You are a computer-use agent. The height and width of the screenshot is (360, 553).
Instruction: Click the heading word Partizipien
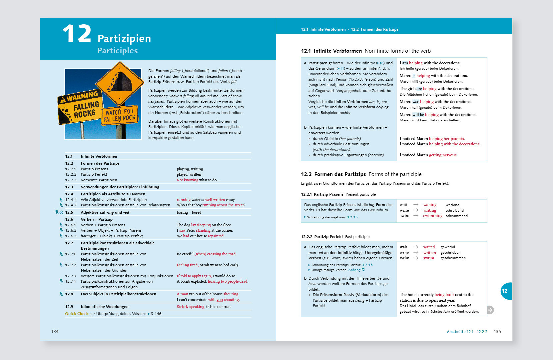pyautogui.click(x=124, y=39)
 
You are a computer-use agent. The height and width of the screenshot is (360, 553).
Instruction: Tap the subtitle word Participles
pyautogui.click(x=117, y=51)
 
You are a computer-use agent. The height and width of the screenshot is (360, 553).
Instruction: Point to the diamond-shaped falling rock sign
pyautogui.click(x=120, y=83)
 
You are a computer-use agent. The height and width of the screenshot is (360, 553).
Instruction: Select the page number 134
pyautogui.click(x=55, y=331)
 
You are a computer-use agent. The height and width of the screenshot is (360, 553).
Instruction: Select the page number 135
pyautogui.click(x=497, y=331)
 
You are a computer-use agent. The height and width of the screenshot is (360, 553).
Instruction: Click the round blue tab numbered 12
pyautogui.click(x=505, y=291)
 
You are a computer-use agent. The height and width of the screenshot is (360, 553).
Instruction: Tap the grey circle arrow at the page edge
pyautogui.click(x=490, y=310)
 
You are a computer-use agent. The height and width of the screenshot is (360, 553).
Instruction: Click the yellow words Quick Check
pyautogui.click(x=77, y=314)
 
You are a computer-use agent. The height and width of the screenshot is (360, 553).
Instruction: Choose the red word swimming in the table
pyautogui.click(x=433, y=216)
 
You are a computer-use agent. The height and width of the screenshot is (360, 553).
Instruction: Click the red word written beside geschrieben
pyautogui.click(x=429, y=253)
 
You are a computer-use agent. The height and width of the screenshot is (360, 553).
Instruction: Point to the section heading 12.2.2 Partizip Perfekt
pyautogui.click(x=322, y=237)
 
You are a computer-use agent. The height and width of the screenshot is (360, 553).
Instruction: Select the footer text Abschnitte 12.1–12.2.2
pyautogui.click(x=467, y=332)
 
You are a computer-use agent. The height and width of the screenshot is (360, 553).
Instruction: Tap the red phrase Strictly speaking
pyautogui.click(x=191, y=307)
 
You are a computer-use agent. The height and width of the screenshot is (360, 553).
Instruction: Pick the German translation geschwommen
pyautogui.click(x=453, y=258)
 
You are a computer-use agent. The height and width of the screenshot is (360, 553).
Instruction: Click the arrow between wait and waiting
pyautogui.click(x=415, y=205)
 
